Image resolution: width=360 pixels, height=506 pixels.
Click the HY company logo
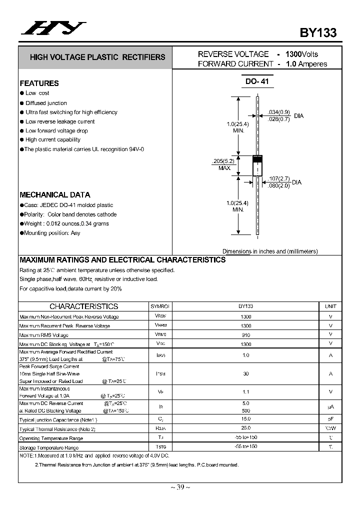pos(53,29)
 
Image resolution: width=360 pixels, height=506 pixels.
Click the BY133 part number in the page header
pos(318,32)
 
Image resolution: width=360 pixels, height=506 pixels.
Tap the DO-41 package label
pos(257,81)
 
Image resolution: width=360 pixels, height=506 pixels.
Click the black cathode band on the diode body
pos(257,158)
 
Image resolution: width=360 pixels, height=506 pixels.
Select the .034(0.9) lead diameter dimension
pos(278,112)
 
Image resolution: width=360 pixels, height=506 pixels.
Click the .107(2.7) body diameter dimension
pos(278,178)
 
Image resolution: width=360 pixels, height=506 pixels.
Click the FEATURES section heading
pos(39,83)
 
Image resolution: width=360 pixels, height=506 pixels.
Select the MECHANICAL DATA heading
pos(55,195)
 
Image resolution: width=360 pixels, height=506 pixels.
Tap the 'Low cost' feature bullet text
pos(37,93)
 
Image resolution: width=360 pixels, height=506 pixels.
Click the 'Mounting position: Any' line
pos(52,233)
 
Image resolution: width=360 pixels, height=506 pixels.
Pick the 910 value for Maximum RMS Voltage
pos(245,335)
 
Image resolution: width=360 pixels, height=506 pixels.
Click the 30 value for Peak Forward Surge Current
pos(245,373)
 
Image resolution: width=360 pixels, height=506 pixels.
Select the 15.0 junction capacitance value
pos(245,419)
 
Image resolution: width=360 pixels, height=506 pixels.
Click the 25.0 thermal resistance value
pos(245,428)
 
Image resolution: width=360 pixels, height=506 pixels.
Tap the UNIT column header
pos(330,306)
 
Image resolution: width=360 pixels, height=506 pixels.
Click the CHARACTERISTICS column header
pos(83,306)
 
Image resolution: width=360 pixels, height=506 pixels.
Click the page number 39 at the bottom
pos(180,487)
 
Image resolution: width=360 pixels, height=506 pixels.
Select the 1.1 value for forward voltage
pos(245,392)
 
